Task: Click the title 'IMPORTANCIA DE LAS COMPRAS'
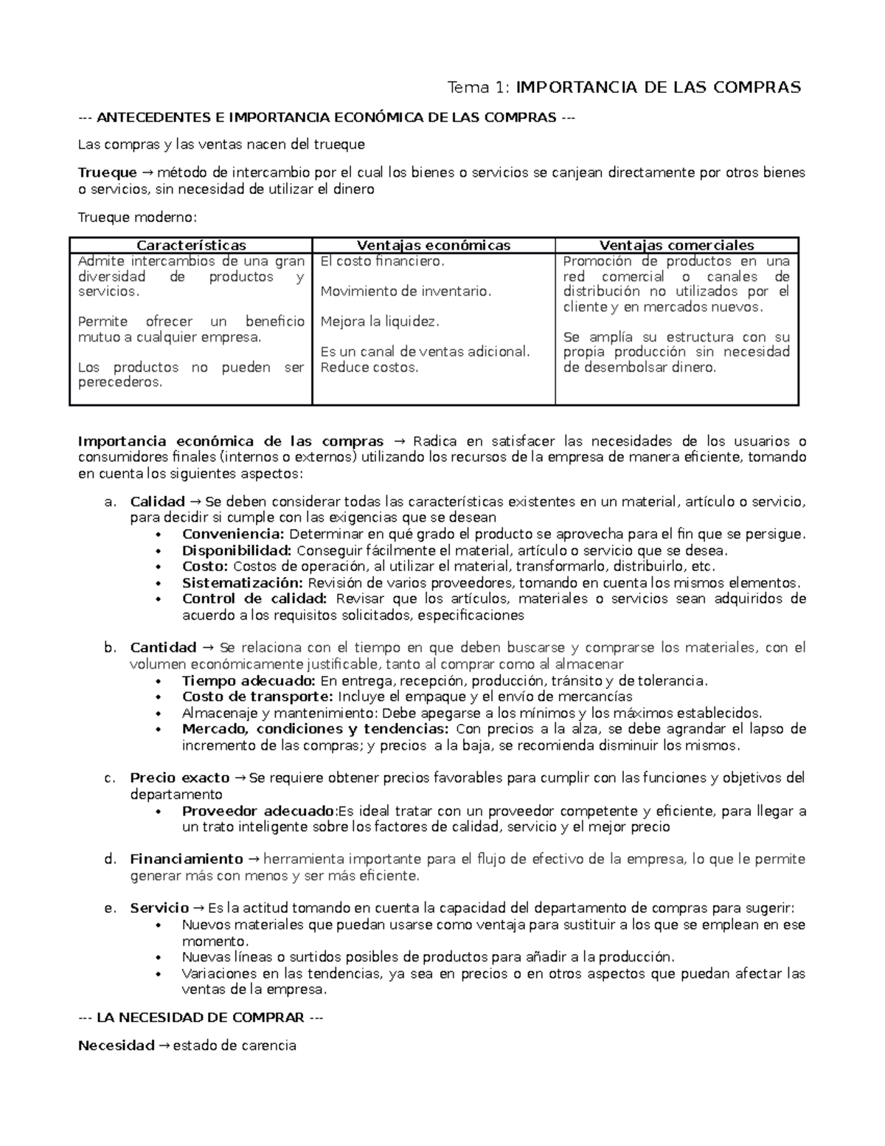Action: [658, 88]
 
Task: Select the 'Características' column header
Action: [191, 246]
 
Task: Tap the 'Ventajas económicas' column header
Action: [434, 246]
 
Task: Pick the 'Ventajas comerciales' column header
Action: [676, 246]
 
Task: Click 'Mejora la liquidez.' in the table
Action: [380, 322]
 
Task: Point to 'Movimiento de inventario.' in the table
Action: [406, 291]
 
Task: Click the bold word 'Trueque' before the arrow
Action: [108, 173]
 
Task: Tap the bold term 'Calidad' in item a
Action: [157, 502]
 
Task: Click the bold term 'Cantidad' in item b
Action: [163, 648]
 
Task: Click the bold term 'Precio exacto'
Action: [180, 778]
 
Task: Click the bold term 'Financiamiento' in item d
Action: [186, 859]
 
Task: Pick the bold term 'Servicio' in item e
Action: [159, 908]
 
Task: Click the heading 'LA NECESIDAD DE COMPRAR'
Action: [201, 1018]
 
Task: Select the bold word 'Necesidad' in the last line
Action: [116, 1046]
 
